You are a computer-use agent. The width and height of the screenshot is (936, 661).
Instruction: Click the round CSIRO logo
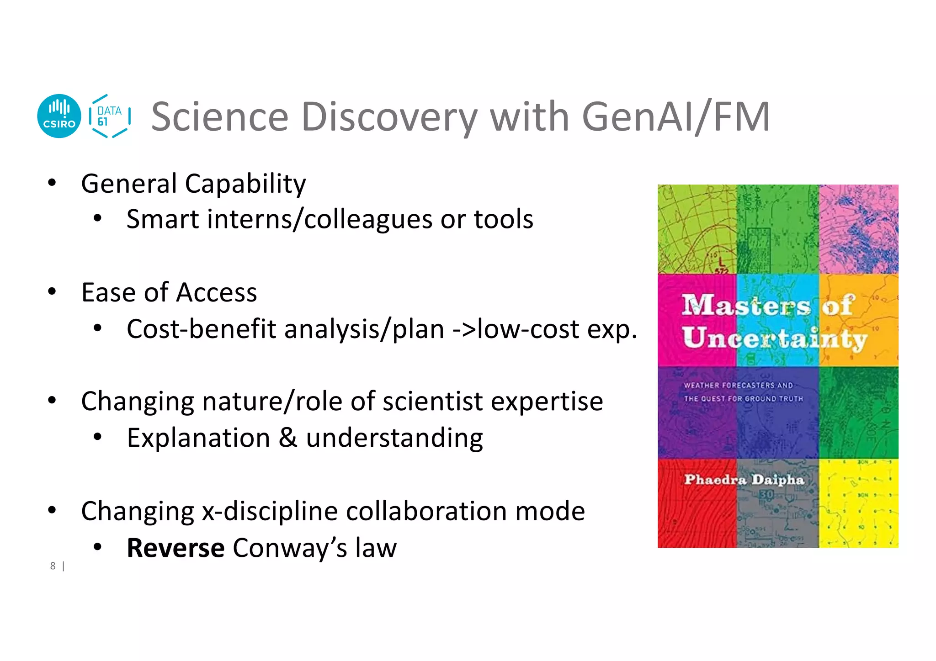pyautogui.click(x=59, y=116)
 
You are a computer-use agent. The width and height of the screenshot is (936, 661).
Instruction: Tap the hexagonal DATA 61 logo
pyautogui.click(x=110, y=116)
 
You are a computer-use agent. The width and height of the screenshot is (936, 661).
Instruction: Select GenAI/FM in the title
pyautogui.click(x=676, y=117)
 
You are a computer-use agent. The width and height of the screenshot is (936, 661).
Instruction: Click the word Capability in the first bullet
pyautogui.click(x=245, y=184)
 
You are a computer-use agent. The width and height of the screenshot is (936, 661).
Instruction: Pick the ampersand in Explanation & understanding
pyautogui.click(x=288, y=438)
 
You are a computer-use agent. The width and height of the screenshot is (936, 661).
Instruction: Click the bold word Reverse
pyautogui.click(x=175, y=548)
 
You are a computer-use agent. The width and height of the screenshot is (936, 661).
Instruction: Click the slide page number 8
pyautogui.click(x=53, y=566)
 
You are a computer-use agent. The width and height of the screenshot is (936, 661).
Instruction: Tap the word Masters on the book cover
pyautogui.click(x=745, y=305)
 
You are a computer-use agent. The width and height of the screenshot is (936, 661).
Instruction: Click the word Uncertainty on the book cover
pyautogui.click(x=774, y=338)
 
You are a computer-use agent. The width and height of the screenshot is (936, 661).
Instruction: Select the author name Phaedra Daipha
pyautogui.click(x=744, y=480)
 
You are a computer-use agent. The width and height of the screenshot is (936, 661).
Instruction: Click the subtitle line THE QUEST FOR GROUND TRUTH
pyautogui.click(x=743, y=398)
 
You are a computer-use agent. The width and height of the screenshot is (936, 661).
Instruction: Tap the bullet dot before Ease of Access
pyautogui.click(x=52, y=291)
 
